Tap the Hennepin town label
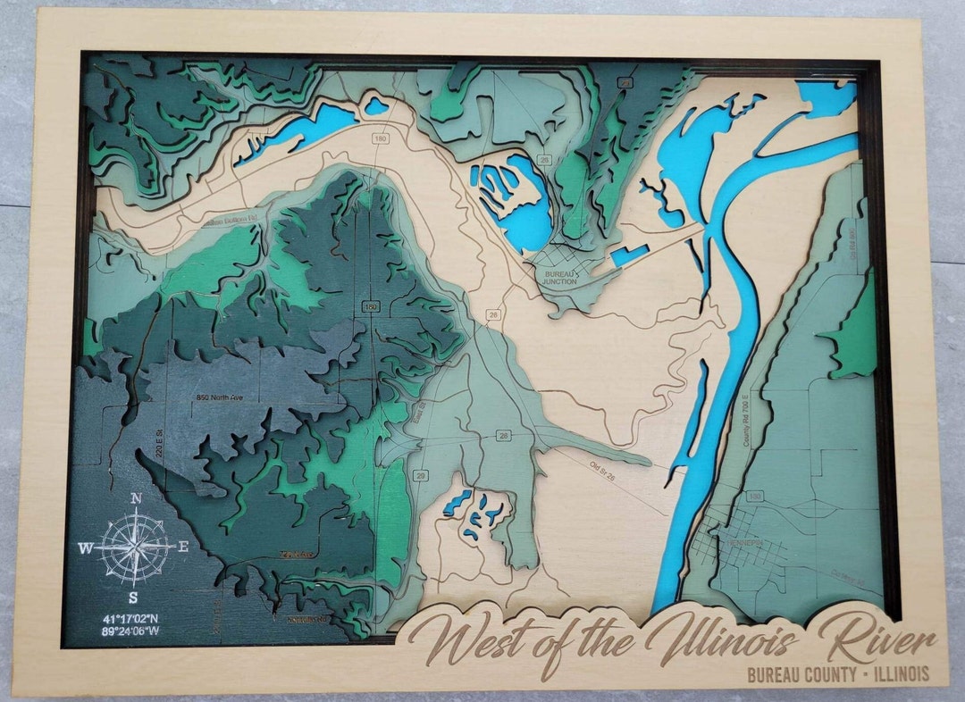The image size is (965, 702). click(743, 542)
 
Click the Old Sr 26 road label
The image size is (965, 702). click(608, 472)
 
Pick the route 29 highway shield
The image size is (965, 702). click(420, 476)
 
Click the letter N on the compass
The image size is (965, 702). click(136, 498)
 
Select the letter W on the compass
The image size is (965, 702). click(85, 548)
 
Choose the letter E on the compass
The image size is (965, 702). click(182, 547)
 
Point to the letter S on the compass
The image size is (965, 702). click(132, 598)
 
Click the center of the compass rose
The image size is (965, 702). click(134, 547)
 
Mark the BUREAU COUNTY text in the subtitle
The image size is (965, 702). click(801, 674)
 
